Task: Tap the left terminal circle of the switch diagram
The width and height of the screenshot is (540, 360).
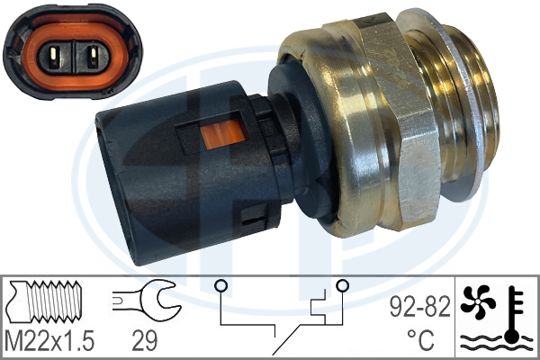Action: [219, 286]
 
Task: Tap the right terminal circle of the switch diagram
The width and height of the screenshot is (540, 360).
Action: [342, 286]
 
